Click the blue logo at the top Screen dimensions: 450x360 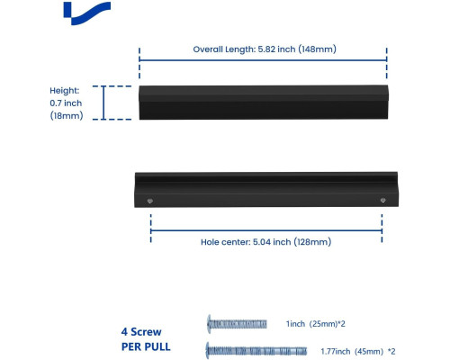click(x=87, y=13)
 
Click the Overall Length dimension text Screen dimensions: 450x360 click(x=265, y=49)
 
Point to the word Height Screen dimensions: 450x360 click(x=65, y=90)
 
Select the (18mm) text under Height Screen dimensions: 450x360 click(x=67, y=115)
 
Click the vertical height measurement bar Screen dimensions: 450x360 click(x=103, y=103)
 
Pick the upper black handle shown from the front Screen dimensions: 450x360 click(x=264, y=103)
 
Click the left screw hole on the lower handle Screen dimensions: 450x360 click(x=150, y=201)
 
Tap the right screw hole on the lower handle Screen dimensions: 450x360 click(x=382, y=200)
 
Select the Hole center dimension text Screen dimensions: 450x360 click(x=265, y=242)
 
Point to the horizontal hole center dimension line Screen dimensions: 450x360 click(x=266, y=230)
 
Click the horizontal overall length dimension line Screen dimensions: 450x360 click(x=263, y=60)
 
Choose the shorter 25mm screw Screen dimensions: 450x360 click(x=237, y=324)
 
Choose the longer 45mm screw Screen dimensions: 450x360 click(x=256, y=351)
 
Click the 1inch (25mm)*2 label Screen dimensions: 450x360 click(x=315, y=324)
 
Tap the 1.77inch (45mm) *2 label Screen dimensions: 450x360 click(x=358, y=351)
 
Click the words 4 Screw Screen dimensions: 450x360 click(x=141, y=332)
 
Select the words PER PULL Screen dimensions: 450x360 click(x=146, y=346)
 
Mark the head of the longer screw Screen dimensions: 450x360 click(x=207, y=351)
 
